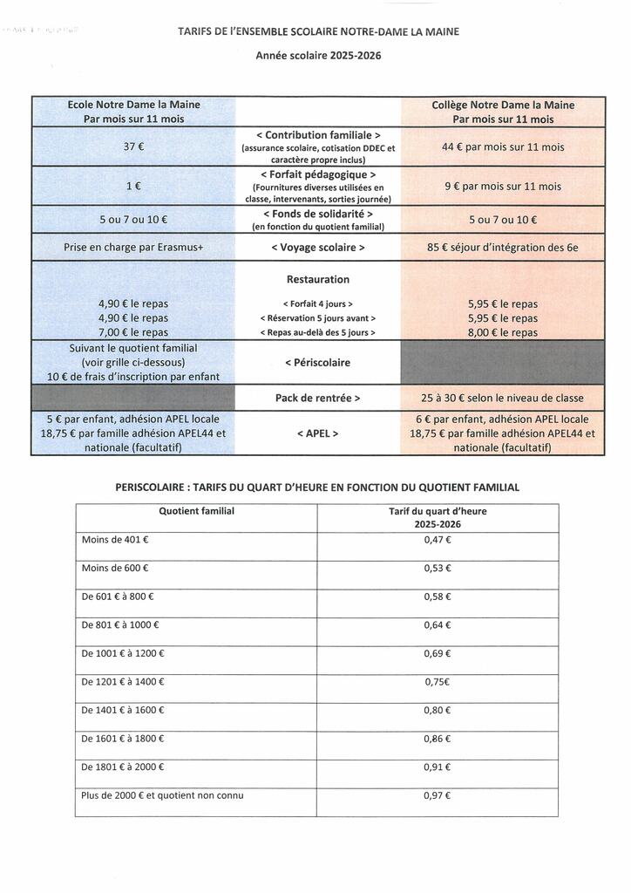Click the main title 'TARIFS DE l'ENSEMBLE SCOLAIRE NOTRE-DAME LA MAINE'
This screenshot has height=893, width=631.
coord(318,31)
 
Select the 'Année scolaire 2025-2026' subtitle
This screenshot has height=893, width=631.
coord(318,55)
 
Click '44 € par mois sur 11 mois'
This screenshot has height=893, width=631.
coord(503,147)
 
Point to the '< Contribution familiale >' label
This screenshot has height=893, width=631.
coord(318,135)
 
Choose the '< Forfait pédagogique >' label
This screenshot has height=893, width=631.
coord(318,174)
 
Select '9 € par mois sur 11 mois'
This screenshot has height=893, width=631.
coord(503,187)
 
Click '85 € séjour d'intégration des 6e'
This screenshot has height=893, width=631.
coord(503,248)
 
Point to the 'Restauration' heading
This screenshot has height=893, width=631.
coord(318,280)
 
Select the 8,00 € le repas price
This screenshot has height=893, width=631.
coord(503,332)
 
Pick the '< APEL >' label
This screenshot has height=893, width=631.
coord(318,433)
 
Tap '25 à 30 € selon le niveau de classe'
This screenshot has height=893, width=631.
coord(503,398)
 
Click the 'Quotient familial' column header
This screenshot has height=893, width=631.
coord(196,511)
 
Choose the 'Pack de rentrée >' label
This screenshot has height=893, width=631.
coord(318,398)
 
